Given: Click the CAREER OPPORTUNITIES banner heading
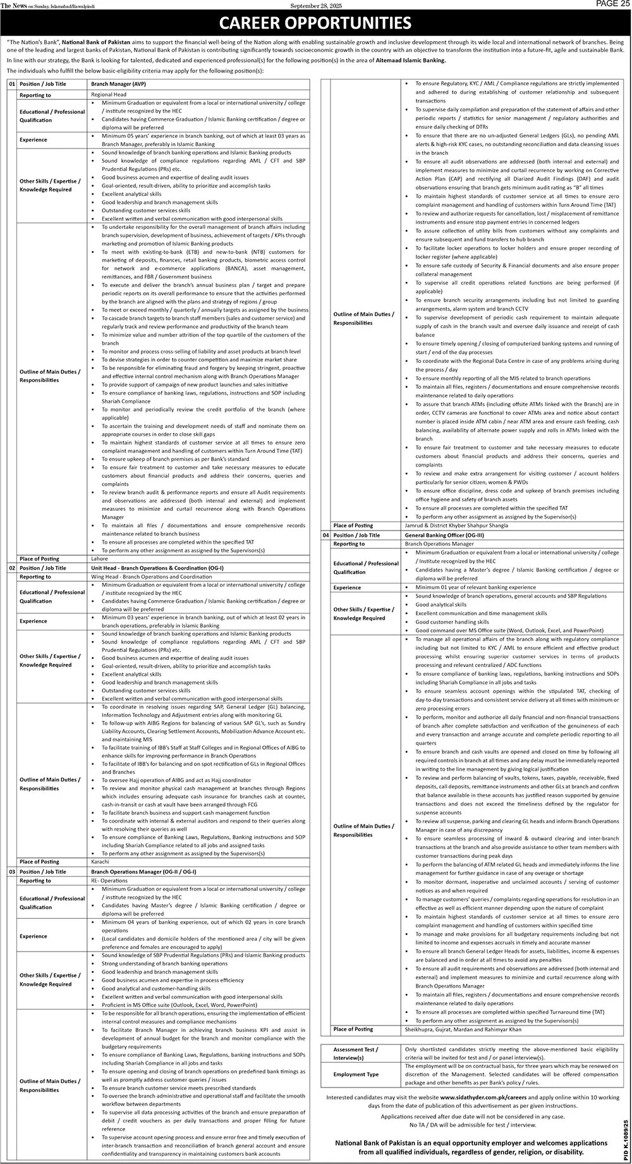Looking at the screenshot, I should click(x=315, y=23).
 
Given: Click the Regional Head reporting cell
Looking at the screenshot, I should click(x=109, y=94).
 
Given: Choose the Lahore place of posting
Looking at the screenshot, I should click(x=99, y=559).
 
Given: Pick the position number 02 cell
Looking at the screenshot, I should click(x=11, y=568).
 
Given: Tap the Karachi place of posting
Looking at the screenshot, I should click(x=100, y=861).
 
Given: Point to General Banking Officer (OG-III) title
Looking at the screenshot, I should click(x=440, y=535).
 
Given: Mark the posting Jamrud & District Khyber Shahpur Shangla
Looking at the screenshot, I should click(x=456, y=525).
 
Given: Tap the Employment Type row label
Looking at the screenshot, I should click(x=356, y=1074).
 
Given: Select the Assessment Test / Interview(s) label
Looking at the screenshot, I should click(x=356, y=1053).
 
